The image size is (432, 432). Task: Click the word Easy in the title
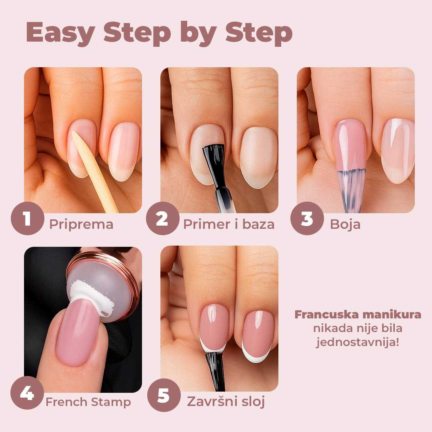point(60,34)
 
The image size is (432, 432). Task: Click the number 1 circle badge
point(27,219)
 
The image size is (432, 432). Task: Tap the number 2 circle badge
point(162,219)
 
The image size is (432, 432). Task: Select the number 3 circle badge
point(306,219)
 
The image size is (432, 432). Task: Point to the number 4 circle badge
point(27,394)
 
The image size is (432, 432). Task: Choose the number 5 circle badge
point(163,396)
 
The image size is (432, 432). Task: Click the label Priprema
point(81,224)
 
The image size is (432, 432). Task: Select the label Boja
point(345,224)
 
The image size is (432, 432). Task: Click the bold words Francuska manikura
point(358,314)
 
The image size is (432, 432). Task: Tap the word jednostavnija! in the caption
point(358,342)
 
